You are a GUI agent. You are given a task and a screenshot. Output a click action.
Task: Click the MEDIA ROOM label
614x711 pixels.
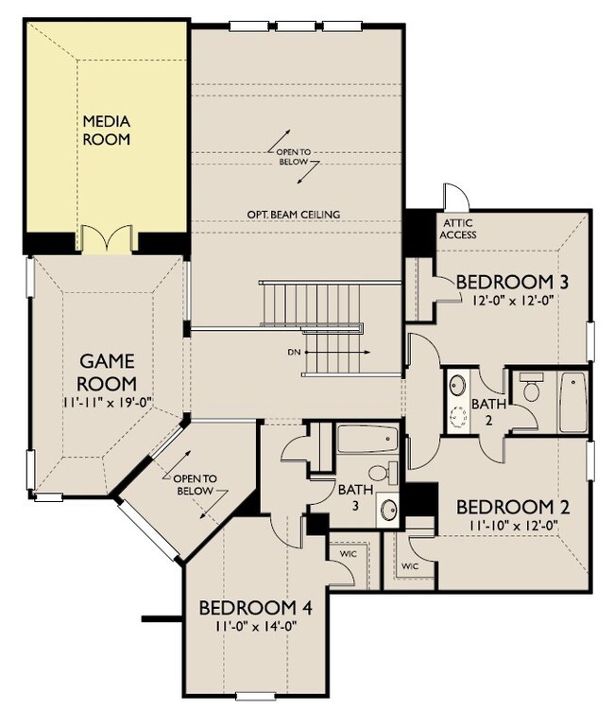click(106, 130)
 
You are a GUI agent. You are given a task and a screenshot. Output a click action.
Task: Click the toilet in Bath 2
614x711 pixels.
click(530, 390)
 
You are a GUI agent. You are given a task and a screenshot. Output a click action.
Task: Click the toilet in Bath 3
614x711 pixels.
click(382, 474)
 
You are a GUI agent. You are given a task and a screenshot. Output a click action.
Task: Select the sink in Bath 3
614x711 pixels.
click(387, 511)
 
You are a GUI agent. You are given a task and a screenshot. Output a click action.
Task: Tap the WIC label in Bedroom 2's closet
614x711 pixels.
click(409, 566)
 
